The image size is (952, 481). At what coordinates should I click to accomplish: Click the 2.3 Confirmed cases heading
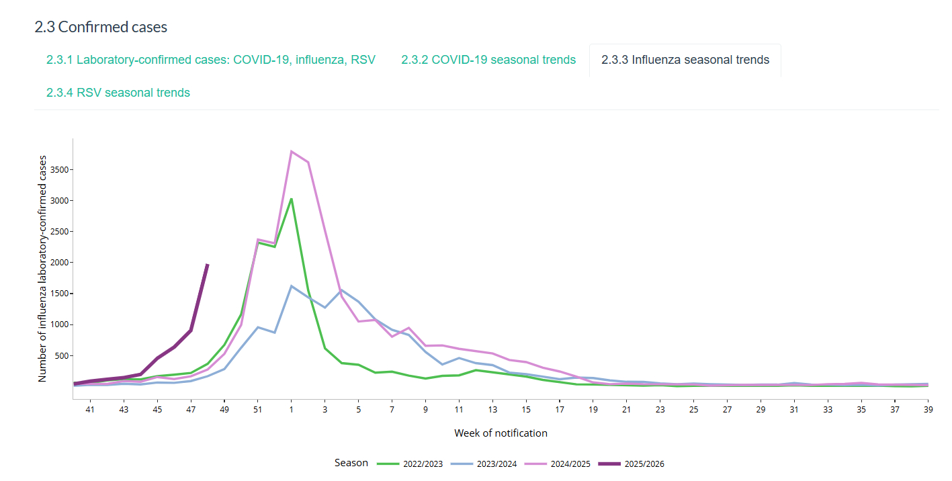point(101,27)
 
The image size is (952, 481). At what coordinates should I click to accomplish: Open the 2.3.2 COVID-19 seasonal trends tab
point(488,60)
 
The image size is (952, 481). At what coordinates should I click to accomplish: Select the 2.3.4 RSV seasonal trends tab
point(118,93)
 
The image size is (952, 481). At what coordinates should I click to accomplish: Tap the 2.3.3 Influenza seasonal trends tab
point(685,60)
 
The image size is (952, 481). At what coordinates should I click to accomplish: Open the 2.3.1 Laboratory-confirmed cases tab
point(210,60)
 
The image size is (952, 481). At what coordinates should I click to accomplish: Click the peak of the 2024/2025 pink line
point(291,151)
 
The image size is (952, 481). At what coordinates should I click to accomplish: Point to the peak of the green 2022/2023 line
point(291,199)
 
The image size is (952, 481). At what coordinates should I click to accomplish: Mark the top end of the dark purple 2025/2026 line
point(208,265)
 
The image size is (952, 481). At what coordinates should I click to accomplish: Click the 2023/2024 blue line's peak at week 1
point(291,286)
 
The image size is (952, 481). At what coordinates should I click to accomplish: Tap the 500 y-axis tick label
point(62,356)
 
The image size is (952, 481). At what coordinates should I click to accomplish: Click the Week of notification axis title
point(501,433)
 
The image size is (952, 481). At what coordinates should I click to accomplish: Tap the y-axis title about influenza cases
point(43,269)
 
